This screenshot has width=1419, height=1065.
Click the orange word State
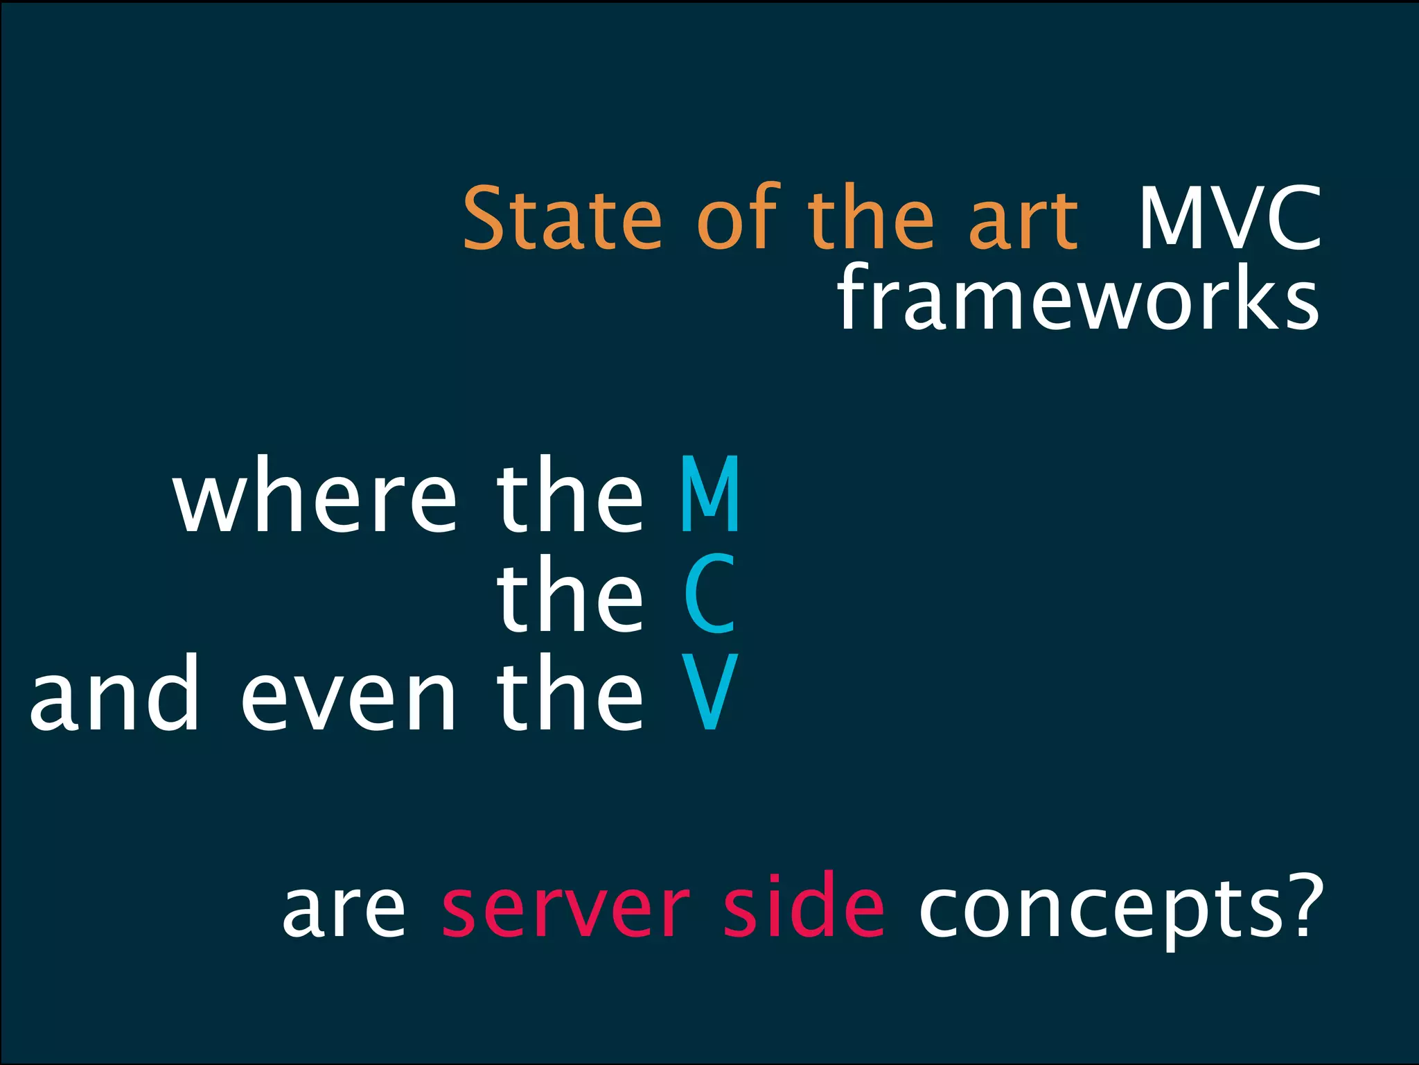point(562,218)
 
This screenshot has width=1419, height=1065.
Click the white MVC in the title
point(1229,218)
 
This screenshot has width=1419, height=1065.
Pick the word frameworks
point(1078,298)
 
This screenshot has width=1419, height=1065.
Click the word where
point(315,495)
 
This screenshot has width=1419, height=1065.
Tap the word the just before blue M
point(570,495)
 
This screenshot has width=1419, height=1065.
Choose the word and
point(115,693)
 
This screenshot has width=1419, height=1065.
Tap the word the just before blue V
point(570,693)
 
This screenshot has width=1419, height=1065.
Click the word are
point(344,908)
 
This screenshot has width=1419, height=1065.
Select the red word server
point(565,908)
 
